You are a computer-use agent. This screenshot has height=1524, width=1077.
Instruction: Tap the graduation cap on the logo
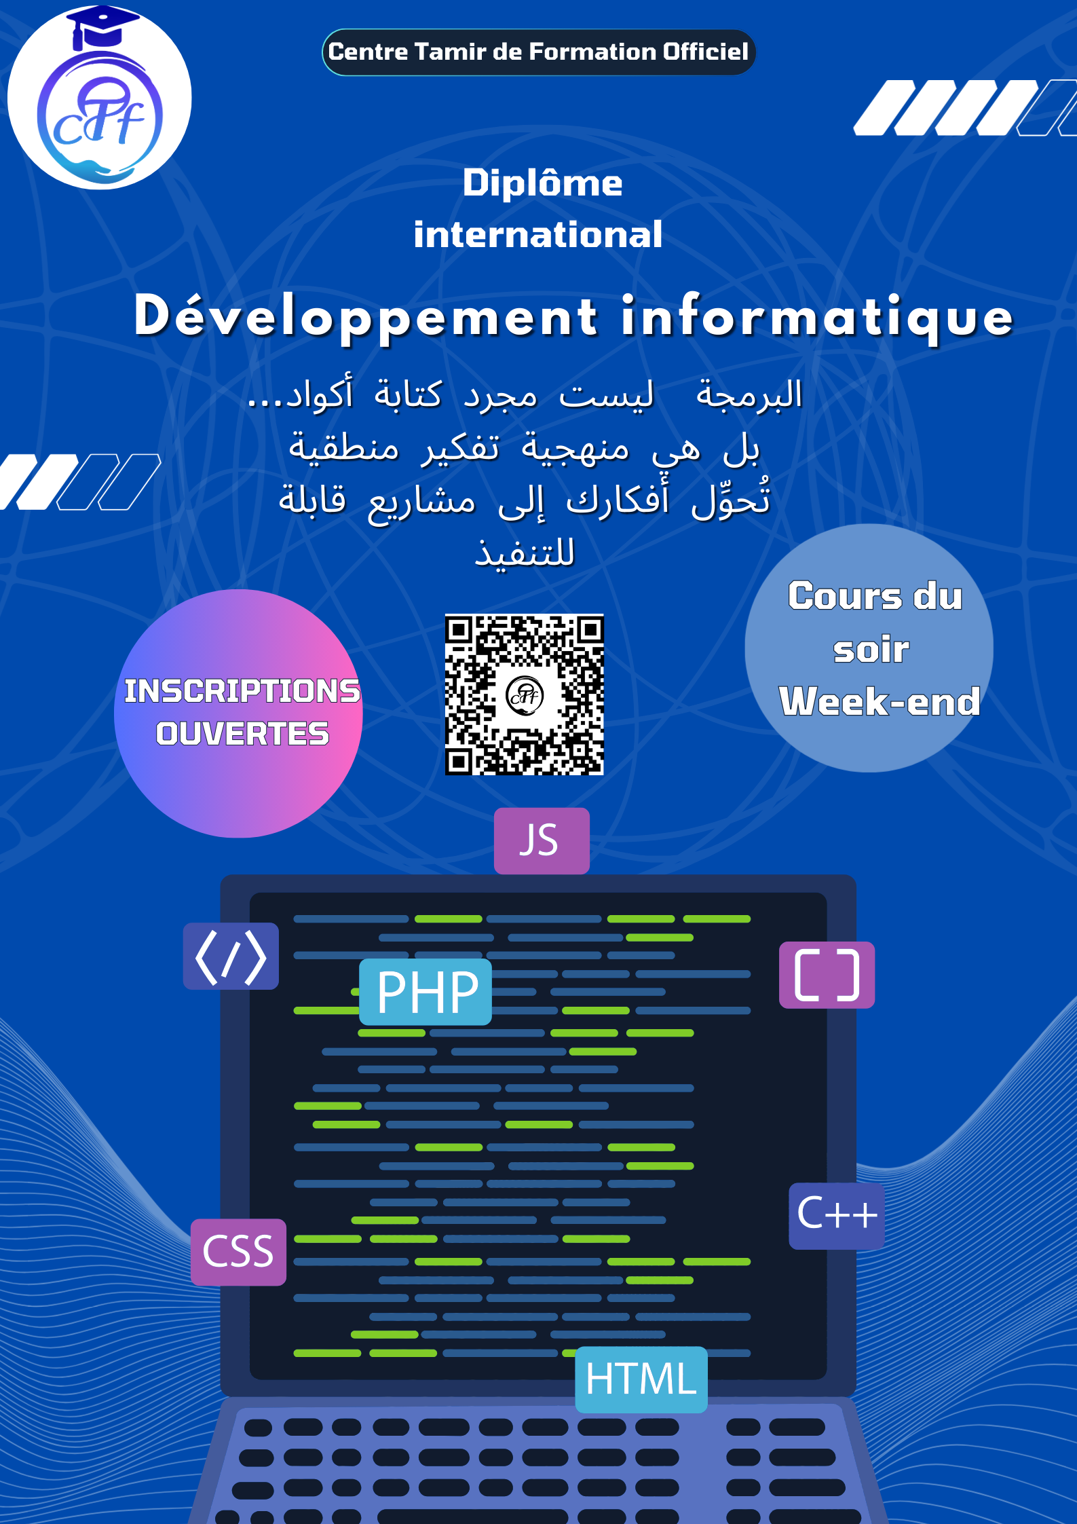[102, 26]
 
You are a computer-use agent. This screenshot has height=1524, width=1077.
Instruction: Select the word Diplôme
[542, 183]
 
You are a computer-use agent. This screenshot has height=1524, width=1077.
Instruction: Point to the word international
[537, 235]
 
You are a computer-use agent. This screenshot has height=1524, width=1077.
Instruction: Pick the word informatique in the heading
[817, 317]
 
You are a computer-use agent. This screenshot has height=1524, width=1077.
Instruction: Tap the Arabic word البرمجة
[749, 396]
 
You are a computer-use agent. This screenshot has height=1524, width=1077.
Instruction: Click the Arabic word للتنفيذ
[525, 554]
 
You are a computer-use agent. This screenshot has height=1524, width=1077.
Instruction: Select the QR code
[524, 694]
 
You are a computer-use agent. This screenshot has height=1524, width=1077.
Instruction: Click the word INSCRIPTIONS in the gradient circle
[242, 691]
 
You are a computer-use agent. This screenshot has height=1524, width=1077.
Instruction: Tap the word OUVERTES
[242, 734]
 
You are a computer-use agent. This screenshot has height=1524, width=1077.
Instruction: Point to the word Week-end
[880, 701]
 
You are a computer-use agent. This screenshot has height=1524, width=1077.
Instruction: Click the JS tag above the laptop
[541, 840]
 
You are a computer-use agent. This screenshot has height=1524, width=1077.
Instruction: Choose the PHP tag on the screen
[426, 992]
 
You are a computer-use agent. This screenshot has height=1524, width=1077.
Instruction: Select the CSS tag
[238, 1252]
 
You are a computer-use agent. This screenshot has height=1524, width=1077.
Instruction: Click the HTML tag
[641, 1379]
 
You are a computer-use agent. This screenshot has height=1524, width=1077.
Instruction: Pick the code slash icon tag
[231, 956]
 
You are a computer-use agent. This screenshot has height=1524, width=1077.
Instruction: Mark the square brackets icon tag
[827, 975]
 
